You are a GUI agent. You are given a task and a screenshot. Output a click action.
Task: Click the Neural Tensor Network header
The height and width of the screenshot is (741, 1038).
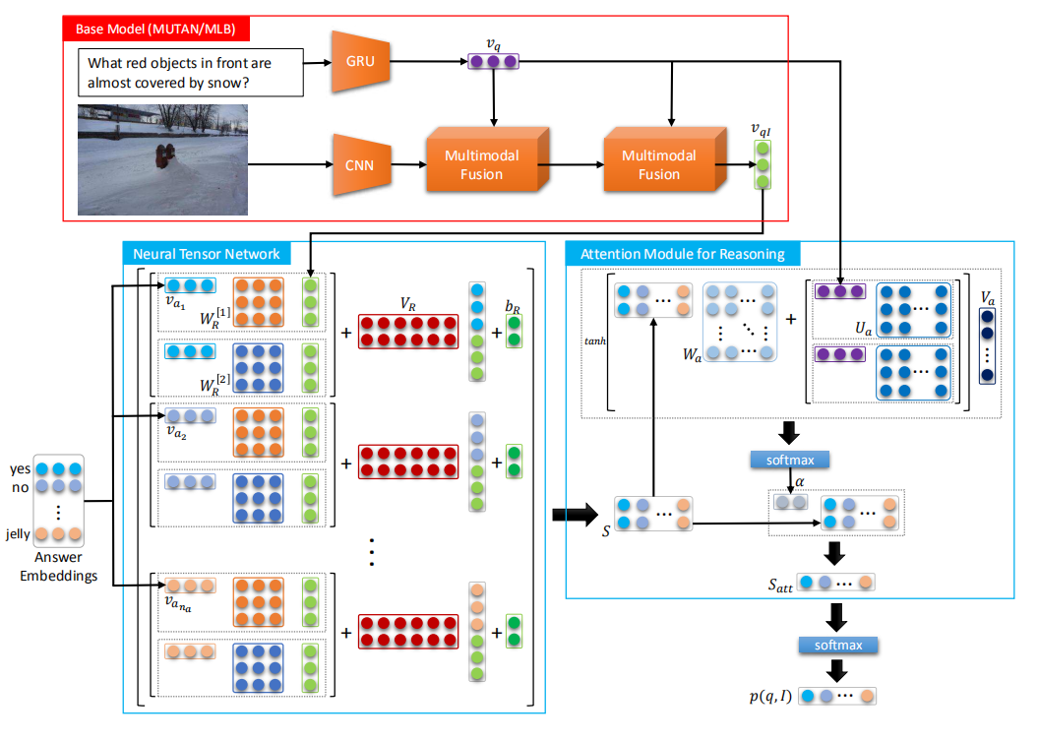(x=207, y=254)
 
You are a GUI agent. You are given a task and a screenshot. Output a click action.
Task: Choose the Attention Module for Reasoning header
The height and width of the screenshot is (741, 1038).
(x=683, y=254)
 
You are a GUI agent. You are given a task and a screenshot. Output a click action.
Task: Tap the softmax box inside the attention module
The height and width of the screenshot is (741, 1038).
(x=790, y=460)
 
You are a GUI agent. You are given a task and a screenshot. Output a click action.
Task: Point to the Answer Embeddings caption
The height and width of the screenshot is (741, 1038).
(x=59, y=567)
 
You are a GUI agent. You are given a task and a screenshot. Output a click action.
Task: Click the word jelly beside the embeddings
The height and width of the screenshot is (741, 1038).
(x=19, y=534)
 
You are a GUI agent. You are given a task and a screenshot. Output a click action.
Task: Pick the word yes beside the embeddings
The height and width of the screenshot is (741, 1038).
(x=21, y=469)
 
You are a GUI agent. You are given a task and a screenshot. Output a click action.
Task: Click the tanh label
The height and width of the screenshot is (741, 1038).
(x=593, y=341)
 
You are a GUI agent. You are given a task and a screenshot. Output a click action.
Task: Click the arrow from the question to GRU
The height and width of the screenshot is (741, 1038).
(x=316, y=62)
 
